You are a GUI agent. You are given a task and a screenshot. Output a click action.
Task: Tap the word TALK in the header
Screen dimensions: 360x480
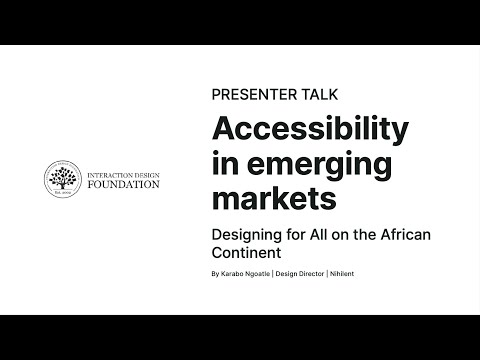[317, 94]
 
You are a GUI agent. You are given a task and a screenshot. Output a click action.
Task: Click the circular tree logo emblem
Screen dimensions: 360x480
[64, 179]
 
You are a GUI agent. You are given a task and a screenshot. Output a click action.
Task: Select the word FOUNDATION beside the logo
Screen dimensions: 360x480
[125, 185]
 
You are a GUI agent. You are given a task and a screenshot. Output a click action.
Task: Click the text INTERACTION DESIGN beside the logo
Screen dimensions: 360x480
[125, 172]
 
